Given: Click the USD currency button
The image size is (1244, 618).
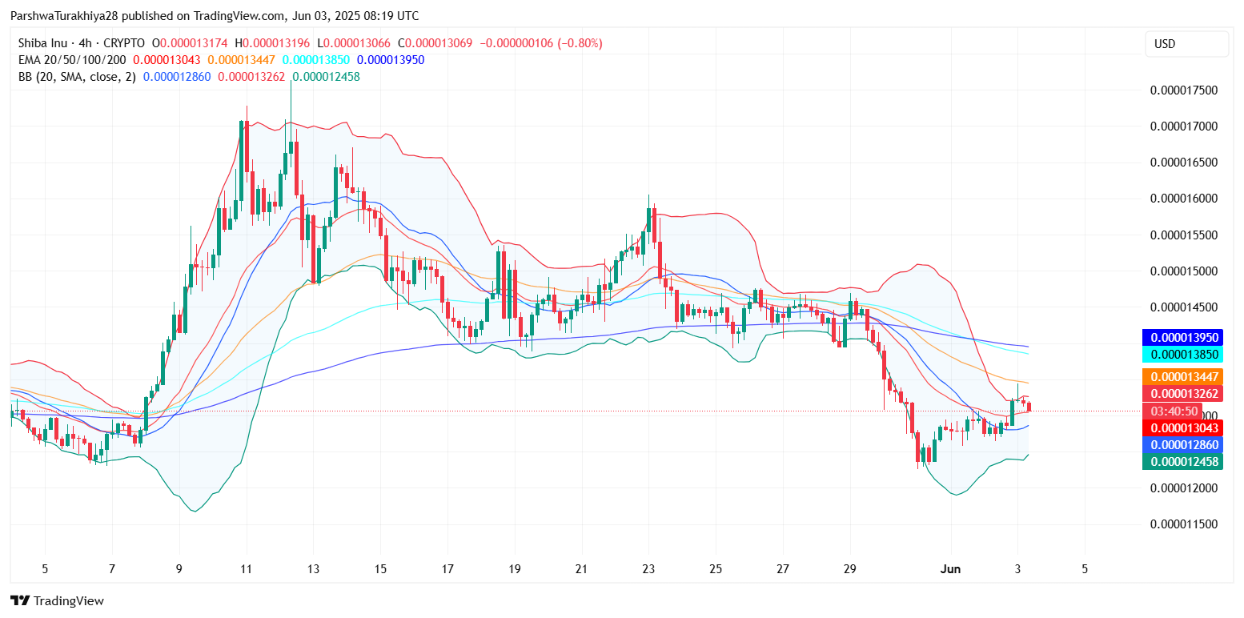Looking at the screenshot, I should tap(1186, 44).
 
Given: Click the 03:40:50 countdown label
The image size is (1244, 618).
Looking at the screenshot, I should tap(1174, 411).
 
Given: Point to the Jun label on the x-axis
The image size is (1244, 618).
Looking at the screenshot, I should tap(950, 569).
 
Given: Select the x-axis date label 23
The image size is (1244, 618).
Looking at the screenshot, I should tap(648, 569).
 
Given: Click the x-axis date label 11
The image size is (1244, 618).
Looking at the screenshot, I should tap(246, 569).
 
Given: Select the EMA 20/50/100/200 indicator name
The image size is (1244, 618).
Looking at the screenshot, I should tap(72, 59).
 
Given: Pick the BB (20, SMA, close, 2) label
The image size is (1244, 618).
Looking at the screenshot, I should tap(77, 77).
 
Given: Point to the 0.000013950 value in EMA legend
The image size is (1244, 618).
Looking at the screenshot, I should tap(391, 59).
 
